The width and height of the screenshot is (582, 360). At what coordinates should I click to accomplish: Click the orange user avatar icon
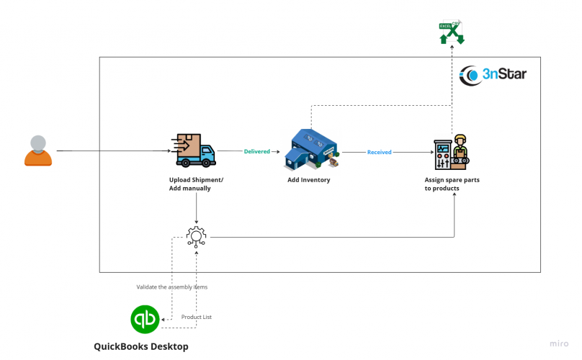click(x=38, y=150)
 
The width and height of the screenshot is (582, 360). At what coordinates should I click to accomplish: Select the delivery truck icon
click(x=195, y=150)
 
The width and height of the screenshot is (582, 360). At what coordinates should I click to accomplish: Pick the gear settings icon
click(x=196, y=236)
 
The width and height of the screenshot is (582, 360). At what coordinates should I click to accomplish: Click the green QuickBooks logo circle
click(x=145, y=319)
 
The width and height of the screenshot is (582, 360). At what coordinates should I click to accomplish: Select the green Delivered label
click(x=256, y=152)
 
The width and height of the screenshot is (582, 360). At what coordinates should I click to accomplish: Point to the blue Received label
click(x=379, y=152)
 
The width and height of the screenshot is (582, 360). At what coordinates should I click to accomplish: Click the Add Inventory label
click(x=308, y=180)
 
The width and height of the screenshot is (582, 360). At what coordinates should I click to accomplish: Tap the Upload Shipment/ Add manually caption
click(x=196, y=184)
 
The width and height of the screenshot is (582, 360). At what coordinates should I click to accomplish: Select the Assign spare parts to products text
click(x=451, y=184)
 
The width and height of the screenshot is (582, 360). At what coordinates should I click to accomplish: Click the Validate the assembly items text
click(x=171, y=287)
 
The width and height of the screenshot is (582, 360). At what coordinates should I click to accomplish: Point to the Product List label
click(x=196, y=317)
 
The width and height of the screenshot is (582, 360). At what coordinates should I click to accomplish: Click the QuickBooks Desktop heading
click(x=140, y=346)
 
